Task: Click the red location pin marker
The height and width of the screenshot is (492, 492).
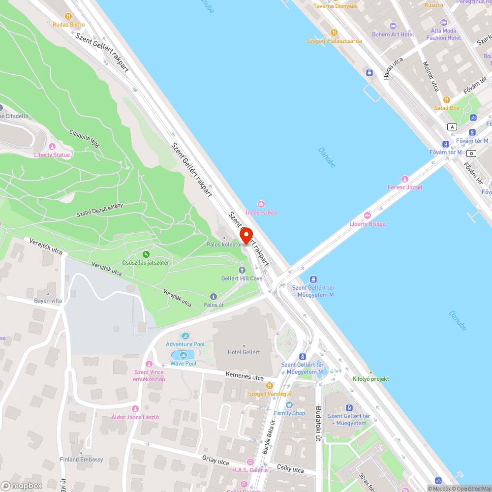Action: [246, 236]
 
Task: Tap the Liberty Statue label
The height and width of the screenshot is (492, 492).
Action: [52, 155]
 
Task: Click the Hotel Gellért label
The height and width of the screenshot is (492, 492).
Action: [244, 352]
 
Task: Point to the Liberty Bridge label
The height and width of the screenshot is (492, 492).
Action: [368, 224]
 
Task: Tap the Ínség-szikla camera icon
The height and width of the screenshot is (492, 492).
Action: [261, 204]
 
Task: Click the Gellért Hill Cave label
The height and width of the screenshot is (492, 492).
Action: [242, 278]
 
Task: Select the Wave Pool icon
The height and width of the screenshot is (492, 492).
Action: [184, 355]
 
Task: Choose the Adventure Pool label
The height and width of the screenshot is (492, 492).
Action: [185, 344]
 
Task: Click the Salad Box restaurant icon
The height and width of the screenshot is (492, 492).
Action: [447, 100]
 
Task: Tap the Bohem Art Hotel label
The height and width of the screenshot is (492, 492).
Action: [393, 34]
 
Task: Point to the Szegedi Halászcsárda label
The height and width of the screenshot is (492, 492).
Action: [334, 41]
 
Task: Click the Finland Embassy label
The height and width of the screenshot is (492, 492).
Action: [82, 460]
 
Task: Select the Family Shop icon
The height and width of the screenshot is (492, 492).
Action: [289, 405]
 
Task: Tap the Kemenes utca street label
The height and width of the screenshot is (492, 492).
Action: [245, 376]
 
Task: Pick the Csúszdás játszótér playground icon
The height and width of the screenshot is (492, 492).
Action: [146, 254]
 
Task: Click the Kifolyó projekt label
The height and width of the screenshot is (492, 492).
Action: [370, 379]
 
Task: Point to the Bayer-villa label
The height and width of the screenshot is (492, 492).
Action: [48, 301]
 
